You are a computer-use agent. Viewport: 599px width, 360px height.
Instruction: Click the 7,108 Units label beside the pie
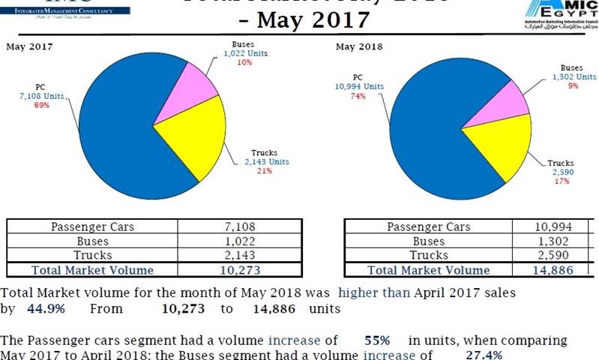coord(41,96)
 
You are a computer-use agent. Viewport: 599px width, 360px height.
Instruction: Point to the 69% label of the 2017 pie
coord(41,106)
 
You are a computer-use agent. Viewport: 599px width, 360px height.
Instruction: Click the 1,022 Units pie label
coord(244,53)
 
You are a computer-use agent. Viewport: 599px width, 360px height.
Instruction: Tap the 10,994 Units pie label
coord(359,86)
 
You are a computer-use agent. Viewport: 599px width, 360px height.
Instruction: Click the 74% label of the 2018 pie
coord(358,96)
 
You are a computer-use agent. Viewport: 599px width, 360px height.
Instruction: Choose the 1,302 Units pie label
coord(574,76)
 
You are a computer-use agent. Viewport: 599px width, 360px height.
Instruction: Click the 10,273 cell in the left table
coord(240,270)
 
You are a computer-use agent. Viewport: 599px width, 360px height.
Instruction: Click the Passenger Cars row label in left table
coord(92,226)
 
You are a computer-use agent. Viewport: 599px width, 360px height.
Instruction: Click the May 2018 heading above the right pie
coord(359,46)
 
